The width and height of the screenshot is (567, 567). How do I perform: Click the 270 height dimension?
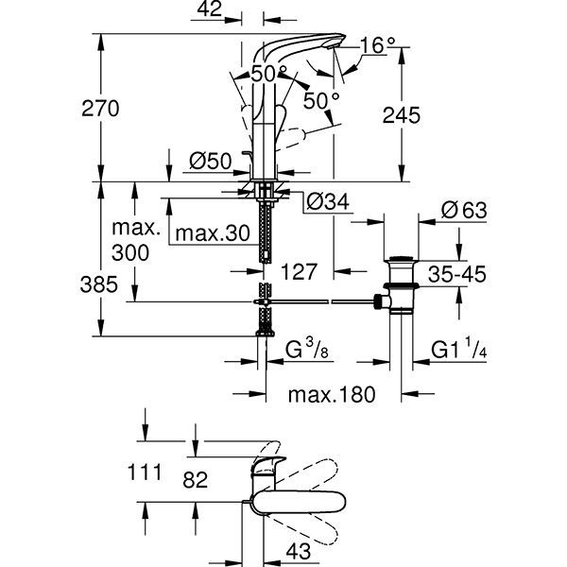point(100,109)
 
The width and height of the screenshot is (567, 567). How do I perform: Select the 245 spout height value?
point(402,115)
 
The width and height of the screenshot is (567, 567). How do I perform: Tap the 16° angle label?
point(377,45)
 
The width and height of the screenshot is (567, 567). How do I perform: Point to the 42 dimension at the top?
point(210,9)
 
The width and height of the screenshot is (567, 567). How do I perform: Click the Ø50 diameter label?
point(211,161)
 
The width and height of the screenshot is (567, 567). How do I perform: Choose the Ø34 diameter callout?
point(328,202)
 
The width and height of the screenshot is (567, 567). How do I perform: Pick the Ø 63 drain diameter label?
point(464,210)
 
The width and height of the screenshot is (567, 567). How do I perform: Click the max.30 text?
point(213,233)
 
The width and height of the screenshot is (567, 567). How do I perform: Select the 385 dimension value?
point(98,284)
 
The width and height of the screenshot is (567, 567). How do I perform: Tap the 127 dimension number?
point(299,271)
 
